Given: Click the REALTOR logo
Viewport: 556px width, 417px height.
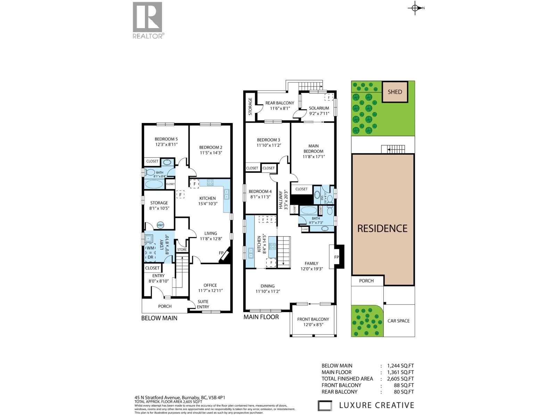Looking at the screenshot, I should tap(147, 20).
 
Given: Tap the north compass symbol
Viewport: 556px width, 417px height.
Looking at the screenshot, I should tap(415, 8).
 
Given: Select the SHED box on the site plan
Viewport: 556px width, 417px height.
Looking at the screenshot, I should tap(395, 92).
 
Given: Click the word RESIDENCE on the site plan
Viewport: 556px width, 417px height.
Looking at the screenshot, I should tap(382, 229).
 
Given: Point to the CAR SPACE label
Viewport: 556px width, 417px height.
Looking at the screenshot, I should tap(399, 321).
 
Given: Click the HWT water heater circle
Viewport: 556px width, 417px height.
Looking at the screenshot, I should tap(161, 225).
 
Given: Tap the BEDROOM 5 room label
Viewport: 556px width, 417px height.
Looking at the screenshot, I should tap(166, 139).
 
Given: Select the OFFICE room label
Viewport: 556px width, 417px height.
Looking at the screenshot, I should tap(210, 285).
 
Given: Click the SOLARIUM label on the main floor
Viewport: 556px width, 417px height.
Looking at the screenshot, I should tap(319, 108).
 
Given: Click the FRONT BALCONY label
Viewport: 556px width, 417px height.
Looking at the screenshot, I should tap(313, 319).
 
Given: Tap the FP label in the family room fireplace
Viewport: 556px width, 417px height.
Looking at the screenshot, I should tap(336, 257).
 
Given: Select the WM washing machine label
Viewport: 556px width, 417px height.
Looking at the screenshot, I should tap(150, 248).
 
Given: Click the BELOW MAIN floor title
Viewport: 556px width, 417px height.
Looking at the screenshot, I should tap(159, 318).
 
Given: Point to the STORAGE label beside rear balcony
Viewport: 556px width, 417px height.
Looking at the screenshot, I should tap(250, 106).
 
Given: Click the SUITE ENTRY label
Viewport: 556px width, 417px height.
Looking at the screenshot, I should tap(203, 304).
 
